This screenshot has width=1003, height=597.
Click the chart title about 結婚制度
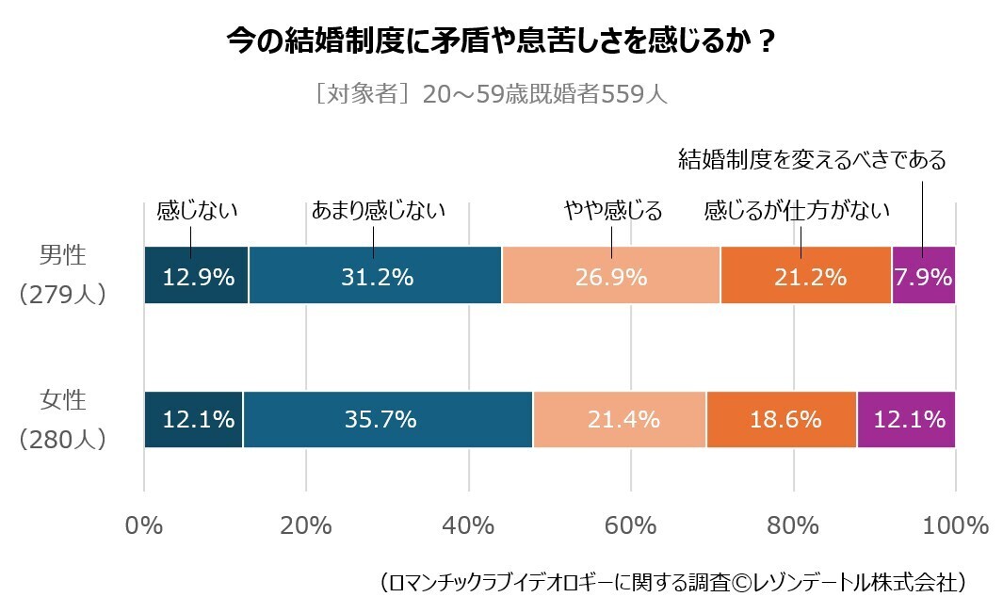coord(502,42)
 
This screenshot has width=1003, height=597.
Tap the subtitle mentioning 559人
coord(492,95)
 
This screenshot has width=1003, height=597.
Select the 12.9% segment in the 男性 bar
coord(196,276)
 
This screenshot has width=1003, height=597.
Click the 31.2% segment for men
coord(375,276)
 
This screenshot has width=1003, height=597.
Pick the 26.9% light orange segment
coord(611,276)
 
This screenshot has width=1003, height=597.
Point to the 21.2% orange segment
coord(806,276)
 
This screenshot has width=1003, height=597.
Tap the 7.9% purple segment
coord(924,276)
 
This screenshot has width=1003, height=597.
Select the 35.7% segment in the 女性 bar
coord(387,419)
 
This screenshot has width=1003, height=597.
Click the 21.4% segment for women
coord(620,419)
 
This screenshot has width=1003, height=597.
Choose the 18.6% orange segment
coord(782,419)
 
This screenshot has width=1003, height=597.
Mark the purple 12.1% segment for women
coord(907,419)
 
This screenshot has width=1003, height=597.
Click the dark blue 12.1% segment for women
coord(193,419)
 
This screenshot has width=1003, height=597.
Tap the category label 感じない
coord(196,210)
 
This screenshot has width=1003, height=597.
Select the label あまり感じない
coord(378,210)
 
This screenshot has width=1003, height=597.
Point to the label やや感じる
coord(613,210)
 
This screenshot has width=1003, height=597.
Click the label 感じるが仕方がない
coord(797,210)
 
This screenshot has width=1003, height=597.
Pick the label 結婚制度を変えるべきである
coord(812,160)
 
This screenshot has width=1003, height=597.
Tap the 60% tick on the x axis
coord(631,525)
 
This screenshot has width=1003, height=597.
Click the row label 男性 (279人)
coord(62,274)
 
